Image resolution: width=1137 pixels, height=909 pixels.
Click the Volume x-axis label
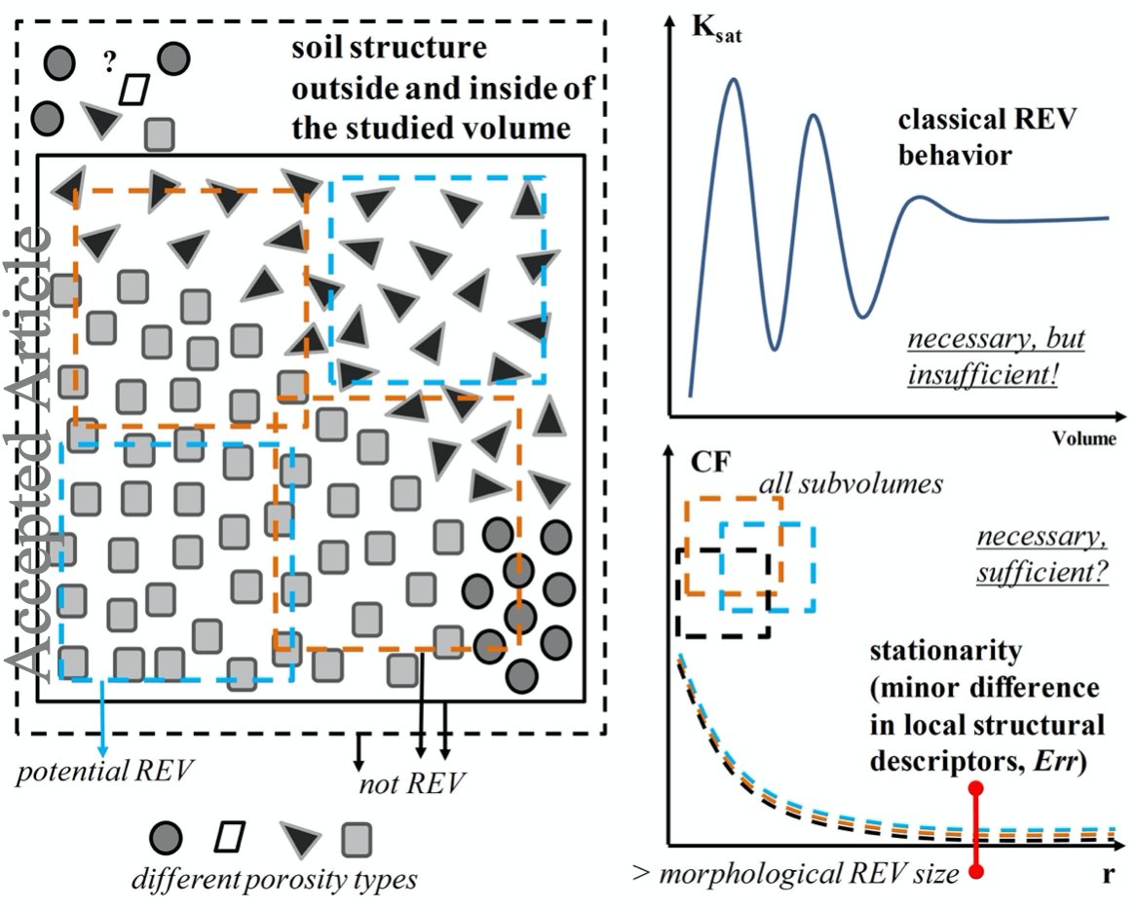1083,438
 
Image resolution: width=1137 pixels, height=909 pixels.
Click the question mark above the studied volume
110,64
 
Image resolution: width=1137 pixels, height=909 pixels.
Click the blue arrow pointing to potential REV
102,721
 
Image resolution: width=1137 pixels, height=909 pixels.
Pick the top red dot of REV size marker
977,787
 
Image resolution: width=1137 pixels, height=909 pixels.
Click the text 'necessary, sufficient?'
1042,557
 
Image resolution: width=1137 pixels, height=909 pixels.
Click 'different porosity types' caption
275,879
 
